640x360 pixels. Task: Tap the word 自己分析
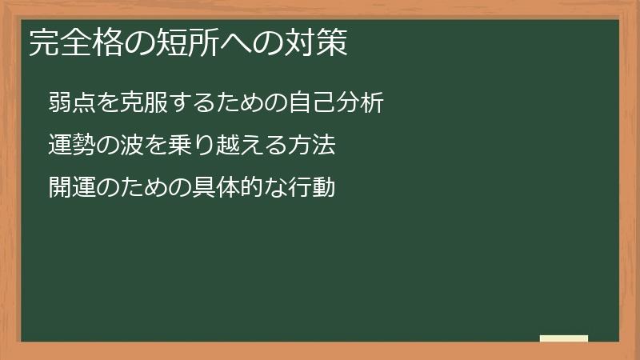click(338, 102)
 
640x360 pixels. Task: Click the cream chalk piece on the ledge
click(564, 338)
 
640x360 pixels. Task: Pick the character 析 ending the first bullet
click(374, 102)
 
